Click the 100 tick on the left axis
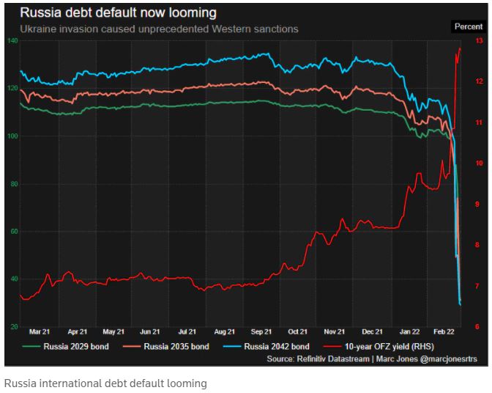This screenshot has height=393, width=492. [x=12, y=136]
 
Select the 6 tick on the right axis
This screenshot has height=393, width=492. [x=478, y=326]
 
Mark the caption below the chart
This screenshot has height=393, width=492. [x=105, y=383]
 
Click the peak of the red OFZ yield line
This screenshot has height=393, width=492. [x=460, y=48]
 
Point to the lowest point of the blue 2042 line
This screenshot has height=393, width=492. [x=461, y=304]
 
